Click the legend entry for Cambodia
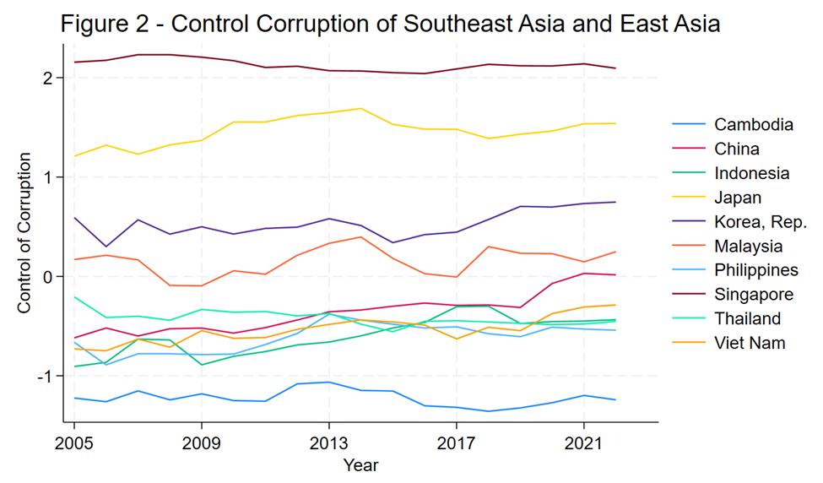pos(753,125)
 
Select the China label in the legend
pos(736,149)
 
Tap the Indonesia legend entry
pos(751,174)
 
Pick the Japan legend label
pos(738,198)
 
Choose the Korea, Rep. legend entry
pos(760,222)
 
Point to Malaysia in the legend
pos(748,247)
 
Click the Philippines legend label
pos(755,270)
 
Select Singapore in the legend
pos(753,295)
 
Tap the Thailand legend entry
pos(747,318)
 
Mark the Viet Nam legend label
pos(750,343)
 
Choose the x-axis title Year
pos(360,465)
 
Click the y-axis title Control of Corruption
pos(24,233)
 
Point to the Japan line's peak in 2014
pos(360,108)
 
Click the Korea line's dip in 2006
pos(106,247)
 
